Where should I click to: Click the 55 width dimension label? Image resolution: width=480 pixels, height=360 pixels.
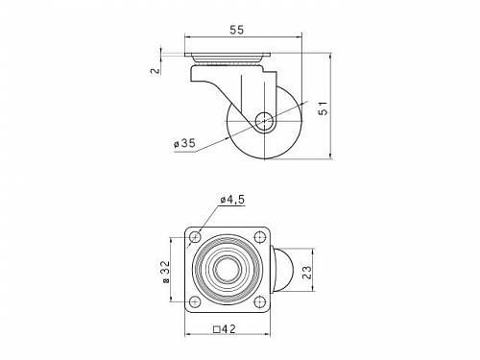tap(237, 30)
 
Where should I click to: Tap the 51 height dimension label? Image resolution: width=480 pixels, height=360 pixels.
tap(324, 108)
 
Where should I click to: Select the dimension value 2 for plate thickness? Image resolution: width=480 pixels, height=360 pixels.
tap(156, 71)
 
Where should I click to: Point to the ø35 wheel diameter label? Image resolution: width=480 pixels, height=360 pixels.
tap(184, 144)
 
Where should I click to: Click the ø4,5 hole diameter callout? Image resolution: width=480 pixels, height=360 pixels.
tap(232, 200)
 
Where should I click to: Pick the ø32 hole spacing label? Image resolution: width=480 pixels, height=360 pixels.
tap(166, 272)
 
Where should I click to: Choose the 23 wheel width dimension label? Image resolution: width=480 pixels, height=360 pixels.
tap(306, 272)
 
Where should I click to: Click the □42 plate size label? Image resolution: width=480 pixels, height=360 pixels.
tap(225, 328)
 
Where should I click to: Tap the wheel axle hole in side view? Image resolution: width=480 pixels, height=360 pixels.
tap(264, 122)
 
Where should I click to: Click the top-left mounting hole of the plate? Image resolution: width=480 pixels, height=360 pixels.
tap(195, 237)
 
